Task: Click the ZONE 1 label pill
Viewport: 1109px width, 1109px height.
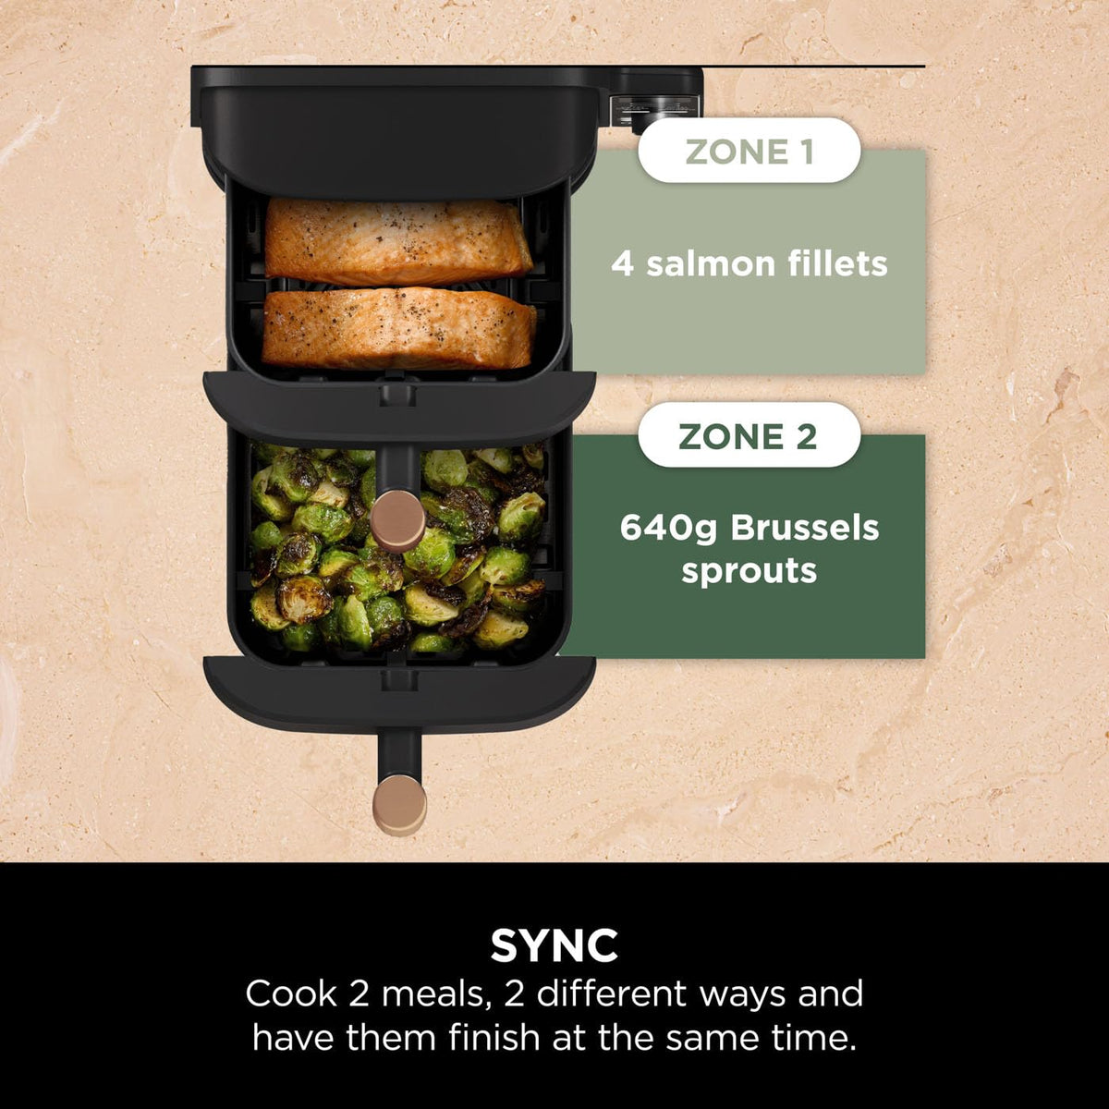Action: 749,152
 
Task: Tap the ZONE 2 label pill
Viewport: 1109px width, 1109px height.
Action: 749,435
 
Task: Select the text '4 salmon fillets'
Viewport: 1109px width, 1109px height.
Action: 749,264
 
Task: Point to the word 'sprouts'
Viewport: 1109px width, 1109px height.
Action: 749,571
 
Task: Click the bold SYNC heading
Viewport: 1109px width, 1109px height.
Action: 554,945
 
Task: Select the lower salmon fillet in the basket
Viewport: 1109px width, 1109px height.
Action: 399,328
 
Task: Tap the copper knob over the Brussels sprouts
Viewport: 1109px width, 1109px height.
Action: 398,520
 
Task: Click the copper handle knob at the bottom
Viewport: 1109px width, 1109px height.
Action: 399,803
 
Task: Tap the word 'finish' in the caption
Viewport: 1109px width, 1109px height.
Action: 494,1037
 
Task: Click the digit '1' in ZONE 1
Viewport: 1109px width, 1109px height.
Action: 806,152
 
